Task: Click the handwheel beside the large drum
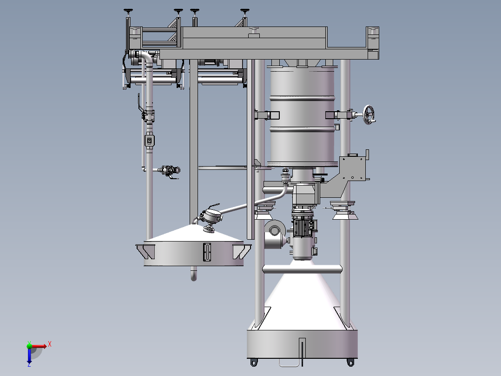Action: (369, 114)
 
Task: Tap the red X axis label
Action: (50, 344)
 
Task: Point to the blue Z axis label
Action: (29, 364)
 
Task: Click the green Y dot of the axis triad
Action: (29, 345)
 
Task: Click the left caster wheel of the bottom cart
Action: (254, 363)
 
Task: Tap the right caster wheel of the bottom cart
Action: (350, 363)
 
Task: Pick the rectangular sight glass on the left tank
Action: (207, 252)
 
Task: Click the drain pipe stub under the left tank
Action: (194, 274)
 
